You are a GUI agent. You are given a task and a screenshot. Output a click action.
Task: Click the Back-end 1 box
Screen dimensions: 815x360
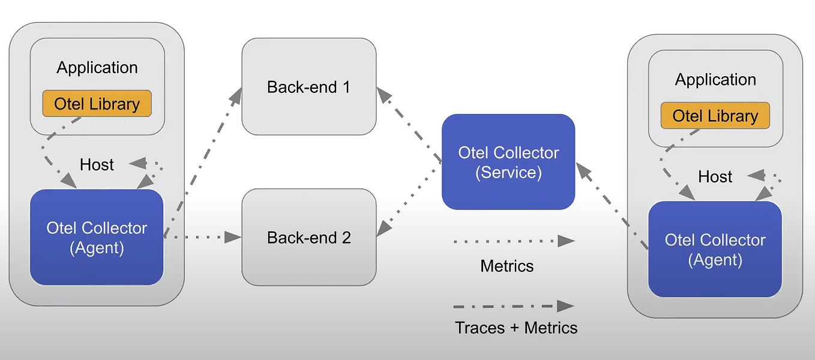click(x=309, y=86)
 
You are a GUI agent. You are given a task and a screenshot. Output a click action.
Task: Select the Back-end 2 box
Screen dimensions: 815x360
click(x=309, y=237)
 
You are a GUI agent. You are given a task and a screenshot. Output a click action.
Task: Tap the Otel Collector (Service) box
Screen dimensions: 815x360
click(x=508, y=162)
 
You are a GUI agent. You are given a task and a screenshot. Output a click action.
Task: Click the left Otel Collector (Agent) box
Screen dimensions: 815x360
click(x=97, y=237)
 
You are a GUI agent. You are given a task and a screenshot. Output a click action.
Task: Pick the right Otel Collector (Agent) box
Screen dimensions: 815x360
click(x=715, y=249)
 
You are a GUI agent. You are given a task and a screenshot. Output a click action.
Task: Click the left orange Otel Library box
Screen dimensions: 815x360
click(x=97, y=104)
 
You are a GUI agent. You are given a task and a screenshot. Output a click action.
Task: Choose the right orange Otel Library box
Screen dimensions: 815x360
click(x=715, y=116)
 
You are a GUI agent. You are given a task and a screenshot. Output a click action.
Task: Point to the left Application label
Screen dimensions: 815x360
click(x=97, y=68)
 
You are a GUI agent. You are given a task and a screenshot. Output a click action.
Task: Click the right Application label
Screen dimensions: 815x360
click(x=715, y=80)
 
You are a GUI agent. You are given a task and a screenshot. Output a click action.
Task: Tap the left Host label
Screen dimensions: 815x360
click(x=97, y=165)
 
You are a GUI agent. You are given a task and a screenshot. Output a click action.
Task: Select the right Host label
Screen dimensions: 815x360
click(x=715, y=177)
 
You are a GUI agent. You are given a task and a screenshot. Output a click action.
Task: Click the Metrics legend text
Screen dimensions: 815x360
click(x=507, y=266)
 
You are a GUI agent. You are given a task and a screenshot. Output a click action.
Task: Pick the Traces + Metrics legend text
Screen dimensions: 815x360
click(x=516, y=328)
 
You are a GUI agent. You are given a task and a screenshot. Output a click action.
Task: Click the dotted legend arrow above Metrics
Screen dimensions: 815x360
click(x=514, y=241)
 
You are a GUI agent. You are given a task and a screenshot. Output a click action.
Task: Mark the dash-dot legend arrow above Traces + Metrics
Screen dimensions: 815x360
click(x=514, y=306)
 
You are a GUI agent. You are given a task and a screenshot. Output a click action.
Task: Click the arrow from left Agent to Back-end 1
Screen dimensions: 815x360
click(x=202, y=162)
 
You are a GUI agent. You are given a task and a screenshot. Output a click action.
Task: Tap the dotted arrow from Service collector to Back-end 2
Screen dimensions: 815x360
click(x=409, y=201)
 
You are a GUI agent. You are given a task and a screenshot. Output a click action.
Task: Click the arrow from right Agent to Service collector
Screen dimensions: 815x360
click(x=612, y=206)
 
